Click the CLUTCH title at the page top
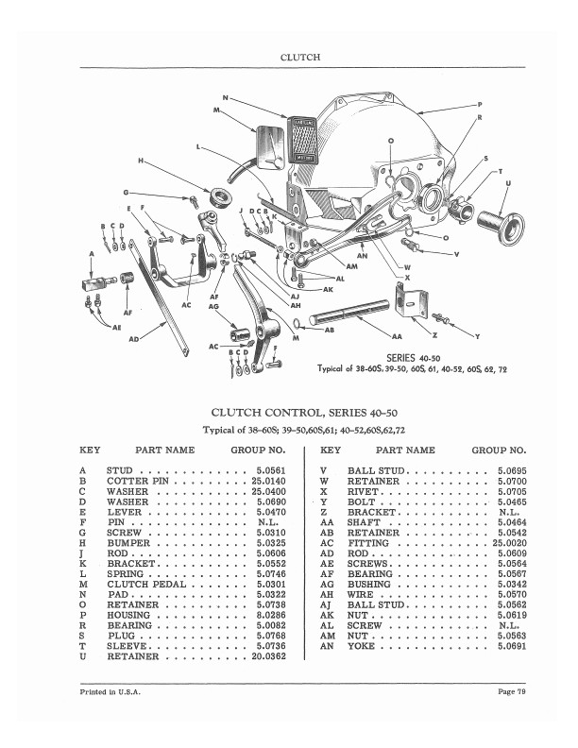[300, 58]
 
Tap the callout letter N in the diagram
[225, 97]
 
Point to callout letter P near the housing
[480, 103]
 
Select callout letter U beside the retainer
[509, 182]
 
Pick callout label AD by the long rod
[133, 337]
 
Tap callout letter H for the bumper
[141, 161]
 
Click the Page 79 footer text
[509, 695]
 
